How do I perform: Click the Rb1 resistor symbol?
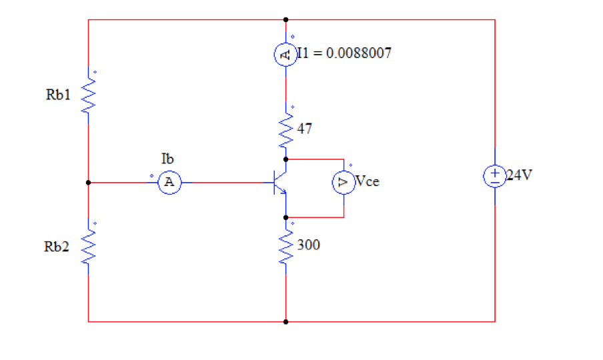point(88,97)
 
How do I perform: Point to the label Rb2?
point(57,247)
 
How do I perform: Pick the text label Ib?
point(167,159)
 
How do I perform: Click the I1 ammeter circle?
point(285,55)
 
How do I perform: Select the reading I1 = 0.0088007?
point(344,53)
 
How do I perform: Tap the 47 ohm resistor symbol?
point(286,130)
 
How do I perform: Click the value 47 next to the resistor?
point(305,129)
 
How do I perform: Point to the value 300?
point(309,245)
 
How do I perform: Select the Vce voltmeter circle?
point(344,182)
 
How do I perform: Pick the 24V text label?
point(520,175)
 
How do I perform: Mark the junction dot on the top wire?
point(286,20)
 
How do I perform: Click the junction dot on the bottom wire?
point(286,322)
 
